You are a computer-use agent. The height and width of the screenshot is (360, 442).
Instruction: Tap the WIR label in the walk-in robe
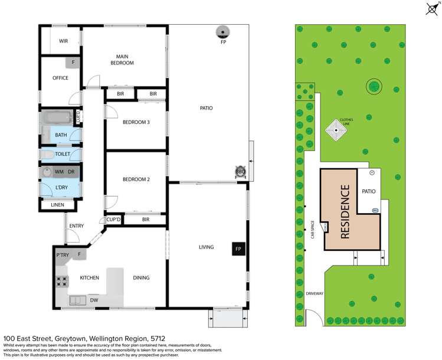pyautogui.click(x=62, y=41)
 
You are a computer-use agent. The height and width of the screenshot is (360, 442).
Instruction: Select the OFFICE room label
pyautogui.click(x=60, y=78)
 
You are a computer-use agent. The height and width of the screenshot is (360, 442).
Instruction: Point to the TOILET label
pyautogui.click(x=62, y=154)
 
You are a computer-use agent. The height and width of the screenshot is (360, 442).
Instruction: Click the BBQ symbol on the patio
pyautogui.click(x=240, y=172)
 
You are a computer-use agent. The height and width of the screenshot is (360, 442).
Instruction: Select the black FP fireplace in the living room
pyautogui.click(x=238, y=249)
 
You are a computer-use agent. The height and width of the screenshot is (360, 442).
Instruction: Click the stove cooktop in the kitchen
pyautogui.click(x=62, y=282)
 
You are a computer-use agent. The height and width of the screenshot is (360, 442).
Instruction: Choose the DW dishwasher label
pyautogui.click(x=95, y=300)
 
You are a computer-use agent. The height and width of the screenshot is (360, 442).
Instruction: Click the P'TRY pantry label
pyautogui.click(x=63, y=256)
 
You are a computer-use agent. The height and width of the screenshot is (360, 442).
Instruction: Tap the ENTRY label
pyautogui.click(x=76, y=225)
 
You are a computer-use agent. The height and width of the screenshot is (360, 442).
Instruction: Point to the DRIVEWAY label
pyautogui.click(x=313, y=293)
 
